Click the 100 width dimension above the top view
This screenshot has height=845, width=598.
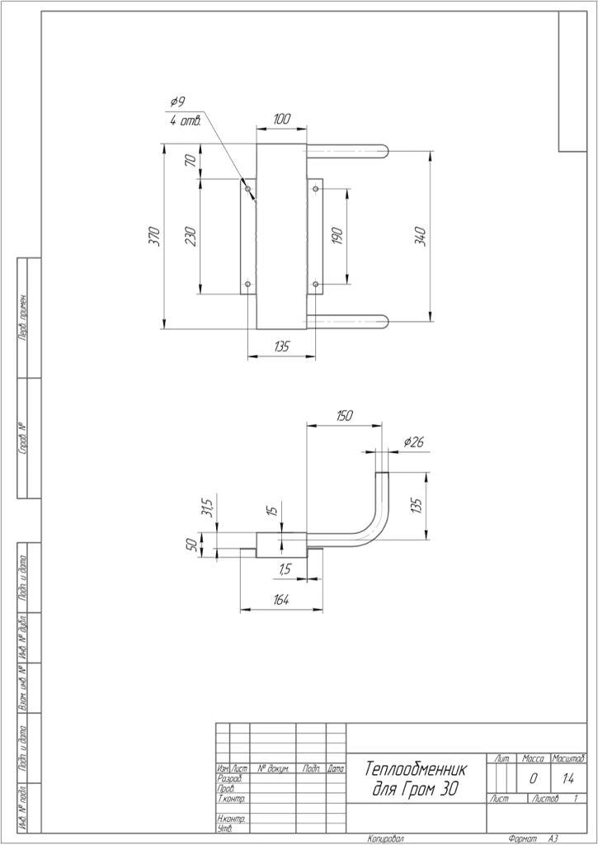(x=281, y=120)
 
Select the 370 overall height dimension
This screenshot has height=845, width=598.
(x=154, y=237)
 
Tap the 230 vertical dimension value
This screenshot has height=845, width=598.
(x=191, y=237)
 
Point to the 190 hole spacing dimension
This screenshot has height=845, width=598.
(x=336, y=236)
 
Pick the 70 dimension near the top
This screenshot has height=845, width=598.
(x=191, y=161)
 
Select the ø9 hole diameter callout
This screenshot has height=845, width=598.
(x=177, y=101)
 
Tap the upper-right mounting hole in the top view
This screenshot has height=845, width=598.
(x=316, y=189)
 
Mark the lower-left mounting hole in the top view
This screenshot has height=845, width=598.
(x=247, y=285)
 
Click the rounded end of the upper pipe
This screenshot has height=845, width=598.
(x=384, y=150)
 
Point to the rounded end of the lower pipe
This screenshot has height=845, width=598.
(x=384, y=321)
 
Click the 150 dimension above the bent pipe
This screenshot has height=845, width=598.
(x=345, y=416)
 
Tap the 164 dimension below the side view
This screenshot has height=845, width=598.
(x=280, y=601)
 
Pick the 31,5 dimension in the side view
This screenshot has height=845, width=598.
(x=208, y=504)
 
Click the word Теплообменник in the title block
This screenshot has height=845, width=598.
(x=416, y=769)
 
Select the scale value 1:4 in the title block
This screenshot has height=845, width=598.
(x=568, y=778)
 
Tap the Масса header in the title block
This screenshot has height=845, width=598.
(x=534, y=758)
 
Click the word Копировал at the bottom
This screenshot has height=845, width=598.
(x=386, y=838)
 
